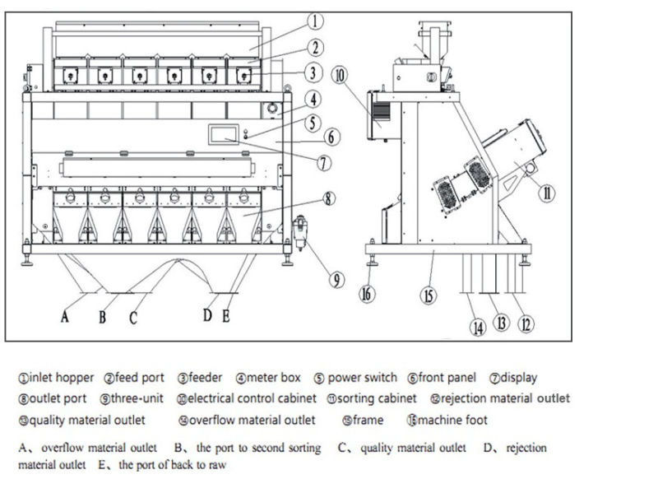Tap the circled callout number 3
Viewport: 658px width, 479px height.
(x=311, y=72)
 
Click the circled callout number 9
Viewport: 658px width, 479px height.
(x=336, y=279)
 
